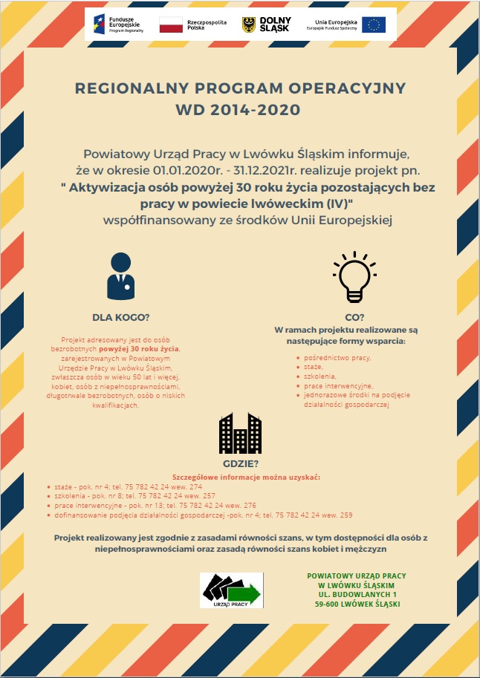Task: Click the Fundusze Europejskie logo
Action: click(x=111, y=25)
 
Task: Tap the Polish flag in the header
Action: click(x=171, y=25)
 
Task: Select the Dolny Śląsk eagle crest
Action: click(x=249, y=25)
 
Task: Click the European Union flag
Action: click(x=373, y=25)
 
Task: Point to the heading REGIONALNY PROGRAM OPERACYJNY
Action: click(x=241, y=88)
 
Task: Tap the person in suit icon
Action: click(x=120, y=277)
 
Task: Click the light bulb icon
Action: click(x=354, y=277)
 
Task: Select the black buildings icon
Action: click(x=239, y=432)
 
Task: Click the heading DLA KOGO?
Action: click(x=121, y=317)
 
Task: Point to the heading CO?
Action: click(x=354, y=317)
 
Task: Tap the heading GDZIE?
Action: click(x=240, y=464)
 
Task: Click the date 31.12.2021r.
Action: click(x=259, y=170)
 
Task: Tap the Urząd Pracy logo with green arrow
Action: click(x=231, y=591)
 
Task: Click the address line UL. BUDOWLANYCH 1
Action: click(x=357, y=595)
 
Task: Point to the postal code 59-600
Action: click(x=328, y=604)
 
